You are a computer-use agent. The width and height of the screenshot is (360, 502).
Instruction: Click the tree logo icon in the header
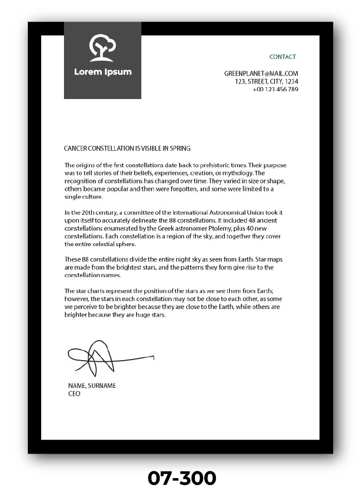(102, 48)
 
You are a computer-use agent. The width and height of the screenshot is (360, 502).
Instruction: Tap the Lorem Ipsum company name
(103, 72)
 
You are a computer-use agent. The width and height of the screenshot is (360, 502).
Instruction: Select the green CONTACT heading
(283, 57)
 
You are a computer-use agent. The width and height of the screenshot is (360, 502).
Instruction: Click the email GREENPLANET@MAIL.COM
(261, 73)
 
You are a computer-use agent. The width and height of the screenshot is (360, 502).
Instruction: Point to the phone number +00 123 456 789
(275, 90)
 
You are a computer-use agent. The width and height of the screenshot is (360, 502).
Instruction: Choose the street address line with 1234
(267, 81)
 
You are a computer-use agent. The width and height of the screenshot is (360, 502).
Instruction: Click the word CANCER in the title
(75, 149)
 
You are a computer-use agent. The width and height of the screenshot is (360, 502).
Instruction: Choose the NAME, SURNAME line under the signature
(92, 386)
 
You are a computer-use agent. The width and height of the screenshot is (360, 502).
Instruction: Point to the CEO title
(74, 393)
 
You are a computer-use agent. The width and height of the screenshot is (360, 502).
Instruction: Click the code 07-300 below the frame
(181, 478)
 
